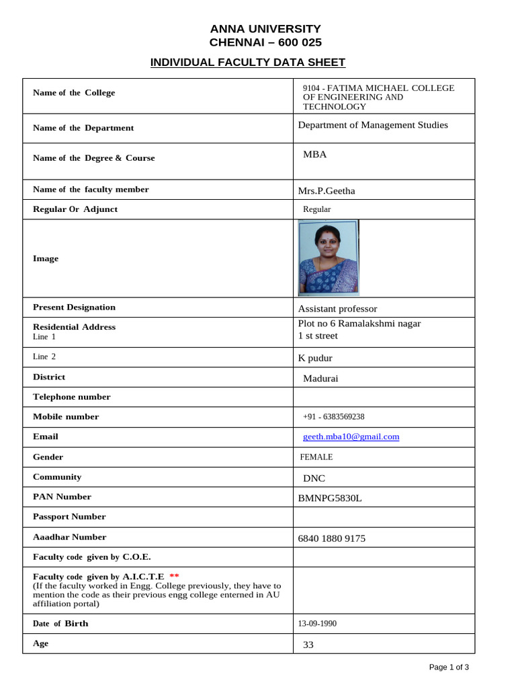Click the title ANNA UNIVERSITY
pyautogui.click(x=265, y=28)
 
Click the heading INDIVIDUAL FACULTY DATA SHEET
pyautogui.click(x=247, y=63)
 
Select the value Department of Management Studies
pyautogui.click(x=372, y=125)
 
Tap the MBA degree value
pyautogui.click(x=314, y=154)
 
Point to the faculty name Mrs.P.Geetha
pyautogui.click(x=327, y=191)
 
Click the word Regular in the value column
pyautogui.click(x=316, y=209)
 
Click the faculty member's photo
pyautogui.click(x=328, y=258)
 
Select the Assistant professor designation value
pyautogui.click(x=337, y=309)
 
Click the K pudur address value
pyautogui.click(x=315, y=358)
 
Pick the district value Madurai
pyautogui.click(x=320, y=378)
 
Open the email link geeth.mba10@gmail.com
pyautogui.click(x=351, y=437)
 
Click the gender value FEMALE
pyautogui.click(x=316, y=457)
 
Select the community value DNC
pyautogui.click(x=314, y=478)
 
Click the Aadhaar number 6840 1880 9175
pyautogui.click(x=332, y=538)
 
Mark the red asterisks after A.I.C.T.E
pyautogui.click(x=174, y=577)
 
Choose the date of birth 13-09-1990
pyautogui.click(x=317, y=624)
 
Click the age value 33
pyautogui.click(x=308, y=645)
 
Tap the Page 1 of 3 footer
pyautogui.click(x=449, y=667)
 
